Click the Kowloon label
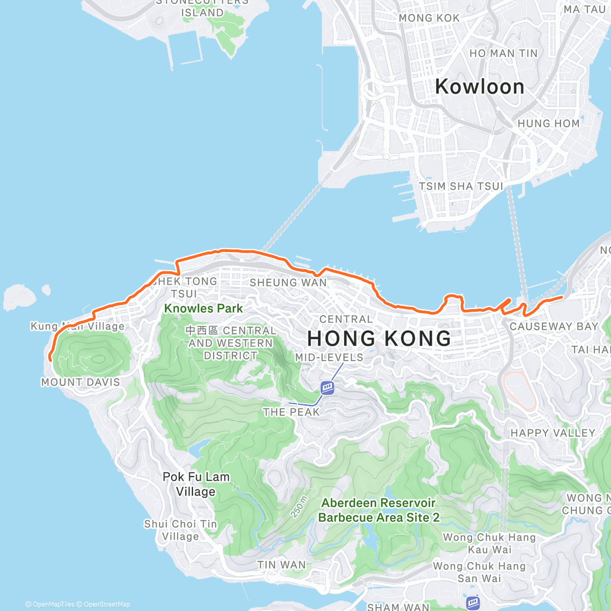(x=480, y=87)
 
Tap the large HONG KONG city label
(x=379, y=339)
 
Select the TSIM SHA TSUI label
(x=461, y=186)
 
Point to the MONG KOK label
(x=429, y=18)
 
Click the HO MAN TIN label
(x=503, y=53)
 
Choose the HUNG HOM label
(x=548, y=124)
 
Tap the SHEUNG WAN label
(x=288, y=283)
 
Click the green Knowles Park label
(x=203, y=309)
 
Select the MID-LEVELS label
(x=329, y=357)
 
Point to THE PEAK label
(x=291, y=412)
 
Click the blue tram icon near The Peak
(x=327, y=388)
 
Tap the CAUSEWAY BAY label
(x=553, y=326)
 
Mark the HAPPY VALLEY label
(x=553, y=433)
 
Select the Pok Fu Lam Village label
(x=196, y=484)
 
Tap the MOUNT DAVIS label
(x=80, y=382)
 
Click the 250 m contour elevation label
(x=299, y=507)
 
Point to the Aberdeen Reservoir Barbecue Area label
(x=378, y=510)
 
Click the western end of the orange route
(x=50, y=360)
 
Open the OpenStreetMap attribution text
(x=106, y=604)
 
